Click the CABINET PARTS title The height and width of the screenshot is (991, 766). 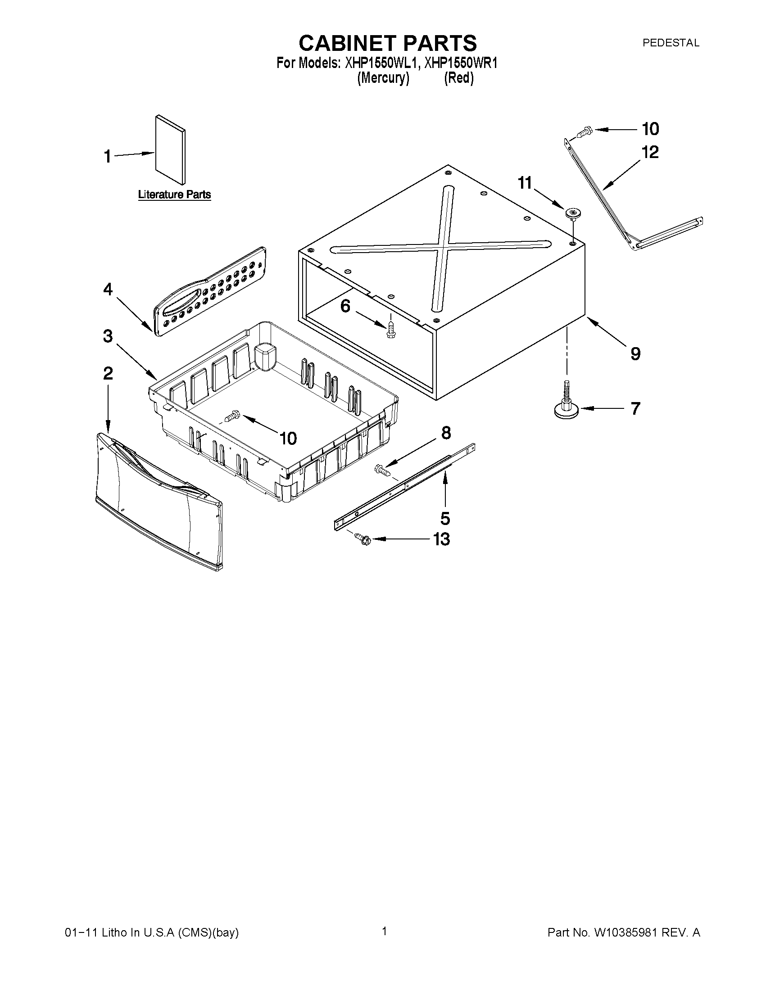point(388,43)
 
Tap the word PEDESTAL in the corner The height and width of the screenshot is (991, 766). point(670,43)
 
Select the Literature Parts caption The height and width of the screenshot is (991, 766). point(174,195)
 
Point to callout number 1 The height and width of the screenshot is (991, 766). point(108,157)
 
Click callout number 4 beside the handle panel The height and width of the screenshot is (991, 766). point(108,289)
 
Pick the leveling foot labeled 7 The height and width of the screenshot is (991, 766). point(566,404)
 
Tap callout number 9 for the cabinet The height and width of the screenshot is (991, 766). point(635,353)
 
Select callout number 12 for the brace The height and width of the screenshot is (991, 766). point(650,153)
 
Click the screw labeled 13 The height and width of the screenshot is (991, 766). point(363,539)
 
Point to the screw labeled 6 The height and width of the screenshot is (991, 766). point(390,330)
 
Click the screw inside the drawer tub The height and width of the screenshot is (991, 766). point(232,415)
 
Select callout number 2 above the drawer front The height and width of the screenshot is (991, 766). point(108,373)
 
